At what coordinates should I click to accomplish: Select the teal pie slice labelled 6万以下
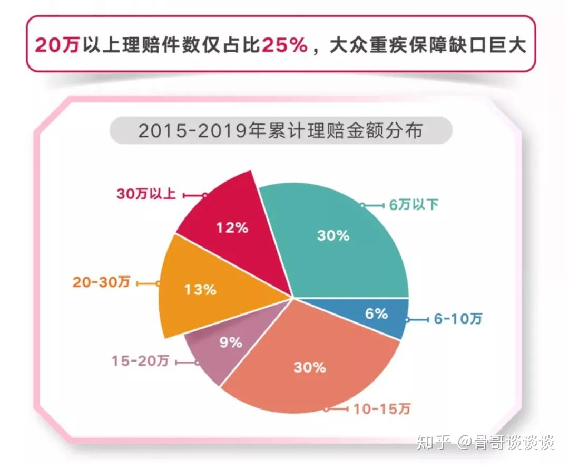click(x=338, y=240)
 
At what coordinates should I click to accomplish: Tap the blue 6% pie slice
click(x=377, y=315)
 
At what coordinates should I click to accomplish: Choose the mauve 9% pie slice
click(x=232, y=341)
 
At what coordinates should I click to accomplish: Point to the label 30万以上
click(x=146, y=193)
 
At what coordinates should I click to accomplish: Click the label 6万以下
click(x=414, y=205)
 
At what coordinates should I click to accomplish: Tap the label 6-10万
click(x=458, y=319)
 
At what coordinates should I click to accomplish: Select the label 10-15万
click(x=382, y=410)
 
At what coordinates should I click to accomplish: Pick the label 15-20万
click(x=140, y=361)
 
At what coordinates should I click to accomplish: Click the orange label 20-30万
click(x=101, y=282)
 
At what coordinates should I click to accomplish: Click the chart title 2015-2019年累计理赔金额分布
click(x=280, y=131)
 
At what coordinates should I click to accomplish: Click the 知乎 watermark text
click(x=434, y=442)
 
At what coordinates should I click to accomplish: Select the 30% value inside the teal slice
click(x=333, y=235)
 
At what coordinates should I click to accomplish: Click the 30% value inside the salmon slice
click(x=310, y=367)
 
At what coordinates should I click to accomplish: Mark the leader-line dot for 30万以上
click(x=204, y=196)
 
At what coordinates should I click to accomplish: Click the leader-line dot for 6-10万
click(x=407, y=320)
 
